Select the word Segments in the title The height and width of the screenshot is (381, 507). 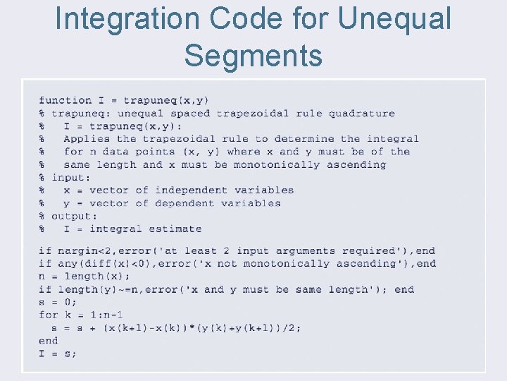[254, 54]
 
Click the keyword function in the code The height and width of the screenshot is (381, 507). [65, 100]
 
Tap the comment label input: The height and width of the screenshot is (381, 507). [70, 178]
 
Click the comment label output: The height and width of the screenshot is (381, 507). [74, 216]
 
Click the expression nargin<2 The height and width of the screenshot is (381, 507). [77, 251]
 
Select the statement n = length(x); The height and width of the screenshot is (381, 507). [84, 277]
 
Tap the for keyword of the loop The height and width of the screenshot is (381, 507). [48, 315]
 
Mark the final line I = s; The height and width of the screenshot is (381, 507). [58, 353]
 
